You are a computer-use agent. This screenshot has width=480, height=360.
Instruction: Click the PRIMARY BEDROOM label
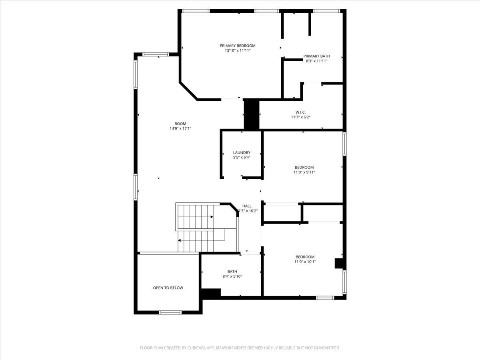point(237,46)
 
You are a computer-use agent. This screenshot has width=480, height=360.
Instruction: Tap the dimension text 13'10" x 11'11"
point(237,51)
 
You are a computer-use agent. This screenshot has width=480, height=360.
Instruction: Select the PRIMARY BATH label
point(316,56)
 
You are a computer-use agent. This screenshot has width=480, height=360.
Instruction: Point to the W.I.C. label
point(300,112)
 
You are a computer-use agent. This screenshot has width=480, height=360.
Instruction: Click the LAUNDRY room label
point(242,152)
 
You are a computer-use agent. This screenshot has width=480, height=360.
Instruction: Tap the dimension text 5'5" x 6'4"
point(242,157)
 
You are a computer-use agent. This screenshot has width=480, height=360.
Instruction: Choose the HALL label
point(247,206)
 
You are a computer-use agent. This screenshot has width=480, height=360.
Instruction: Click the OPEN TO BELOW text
point(168,288)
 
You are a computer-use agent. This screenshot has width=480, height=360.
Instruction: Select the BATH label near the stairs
point(232,271)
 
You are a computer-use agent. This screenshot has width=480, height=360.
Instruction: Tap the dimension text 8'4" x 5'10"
point(232,276)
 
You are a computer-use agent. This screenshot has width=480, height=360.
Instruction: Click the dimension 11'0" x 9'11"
point(304,172)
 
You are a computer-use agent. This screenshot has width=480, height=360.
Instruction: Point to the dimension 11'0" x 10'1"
point(305,262)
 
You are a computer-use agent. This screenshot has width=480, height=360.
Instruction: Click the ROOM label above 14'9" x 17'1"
point(180,124)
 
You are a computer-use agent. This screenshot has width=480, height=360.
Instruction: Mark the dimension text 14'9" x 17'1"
point(180,129)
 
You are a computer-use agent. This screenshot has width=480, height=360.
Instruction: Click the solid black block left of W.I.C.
point(251,114)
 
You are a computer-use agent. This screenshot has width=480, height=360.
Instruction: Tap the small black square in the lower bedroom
point(339,264)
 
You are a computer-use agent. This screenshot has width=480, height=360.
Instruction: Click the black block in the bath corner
point(211,293)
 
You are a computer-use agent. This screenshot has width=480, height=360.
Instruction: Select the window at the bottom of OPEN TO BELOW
point(170,312)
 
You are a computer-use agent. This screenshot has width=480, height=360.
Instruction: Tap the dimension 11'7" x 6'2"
point(300,117)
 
